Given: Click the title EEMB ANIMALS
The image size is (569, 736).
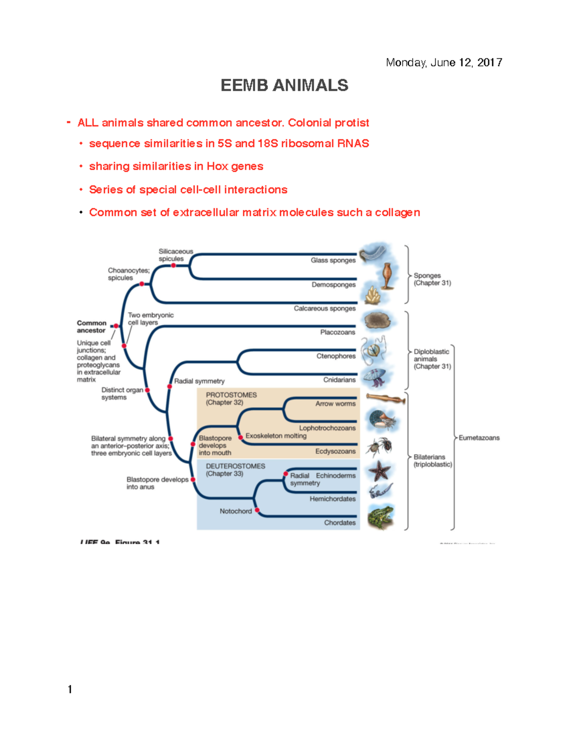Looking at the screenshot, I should coord(284,85).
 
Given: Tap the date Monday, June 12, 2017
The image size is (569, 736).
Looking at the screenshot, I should coord(444,63).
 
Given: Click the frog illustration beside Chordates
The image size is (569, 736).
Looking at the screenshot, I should coord(381,517).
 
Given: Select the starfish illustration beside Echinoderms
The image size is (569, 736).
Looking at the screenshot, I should coord(379,471).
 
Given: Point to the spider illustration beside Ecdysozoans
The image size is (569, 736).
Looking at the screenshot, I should coord(380,446).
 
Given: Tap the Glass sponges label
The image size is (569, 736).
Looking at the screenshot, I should coord(333,260).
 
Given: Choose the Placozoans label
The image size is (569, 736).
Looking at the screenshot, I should coord(337,332).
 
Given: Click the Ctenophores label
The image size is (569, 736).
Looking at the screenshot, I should coord(336,356).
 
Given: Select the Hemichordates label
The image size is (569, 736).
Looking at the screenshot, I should coord(332,499).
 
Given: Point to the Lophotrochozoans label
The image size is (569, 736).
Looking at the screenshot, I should coord(327,428).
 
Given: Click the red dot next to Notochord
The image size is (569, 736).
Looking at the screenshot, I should coord(257,510).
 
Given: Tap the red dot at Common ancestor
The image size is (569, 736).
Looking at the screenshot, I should coord(116,326).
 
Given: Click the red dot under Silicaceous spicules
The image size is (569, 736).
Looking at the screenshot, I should coord(174,265).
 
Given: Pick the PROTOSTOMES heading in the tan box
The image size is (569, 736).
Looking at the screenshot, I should coord(231,395).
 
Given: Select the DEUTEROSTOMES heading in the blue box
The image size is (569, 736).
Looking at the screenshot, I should coord(235,466).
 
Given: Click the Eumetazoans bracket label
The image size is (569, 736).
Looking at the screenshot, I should coord(479,438).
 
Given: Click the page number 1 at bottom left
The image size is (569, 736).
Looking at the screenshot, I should coord(70,689).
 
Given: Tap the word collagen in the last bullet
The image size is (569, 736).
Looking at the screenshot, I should coord(397,212).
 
